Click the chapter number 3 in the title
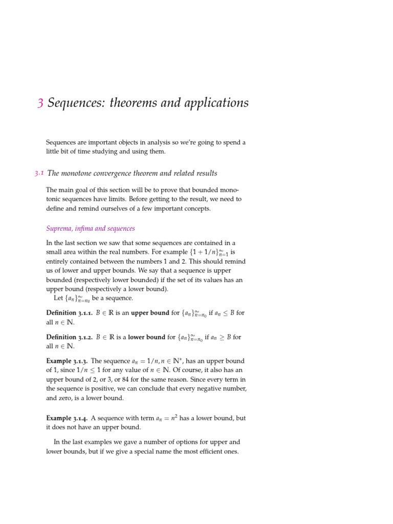point(40,103)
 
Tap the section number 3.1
point(38,173)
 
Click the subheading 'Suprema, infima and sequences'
point(91,228)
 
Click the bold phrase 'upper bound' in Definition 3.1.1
point(150,313)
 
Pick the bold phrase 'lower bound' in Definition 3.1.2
point(149,337)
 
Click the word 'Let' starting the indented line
point(58,298)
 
